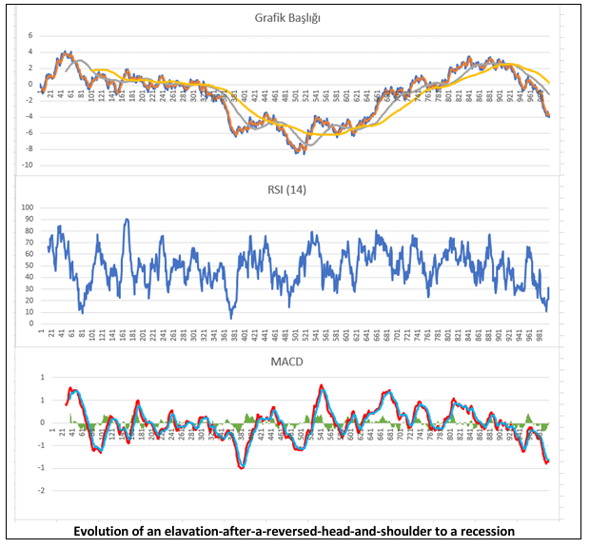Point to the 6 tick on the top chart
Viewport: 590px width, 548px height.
click(29, 35)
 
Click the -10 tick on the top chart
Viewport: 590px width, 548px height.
click(28, 165)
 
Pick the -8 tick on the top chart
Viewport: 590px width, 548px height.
click(29, 148)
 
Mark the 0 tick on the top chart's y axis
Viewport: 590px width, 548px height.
click(29, 84)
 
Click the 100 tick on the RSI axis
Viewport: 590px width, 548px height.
click(26, 207)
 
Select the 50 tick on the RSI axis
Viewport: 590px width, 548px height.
click(28, 265)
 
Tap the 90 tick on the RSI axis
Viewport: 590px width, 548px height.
click(28, 219)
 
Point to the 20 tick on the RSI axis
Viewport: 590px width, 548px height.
click(28, 301)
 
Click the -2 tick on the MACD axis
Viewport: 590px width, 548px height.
click(29, 491)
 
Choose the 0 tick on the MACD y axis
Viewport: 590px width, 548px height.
click(30, 422)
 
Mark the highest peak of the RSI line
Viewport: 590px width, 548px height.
click(127, 220)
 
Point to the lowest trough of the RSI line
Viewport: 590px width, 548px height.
click(230, 317)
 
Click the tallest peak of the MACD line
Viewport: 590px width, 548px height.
click(323, 385)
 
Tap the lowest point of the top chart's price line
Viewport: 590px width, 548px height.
click(302, 152)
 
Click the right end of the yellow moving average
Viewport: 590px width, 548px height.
click(549, 82)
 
